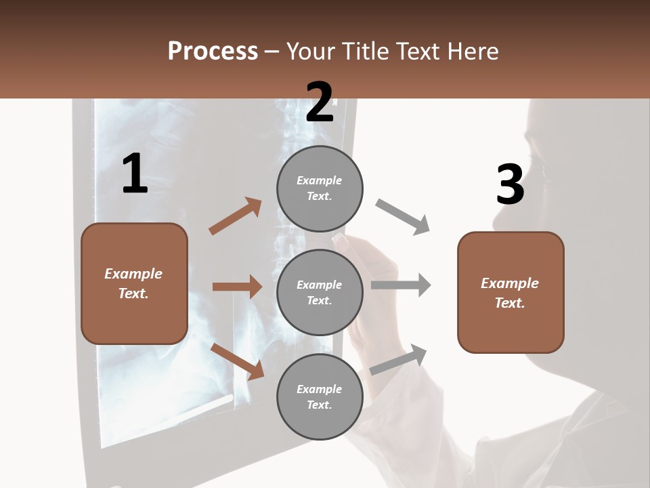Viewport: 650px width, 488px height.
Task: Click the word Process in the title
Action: coord(213,52)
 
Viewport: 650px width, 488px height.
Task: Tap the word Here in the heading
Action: coord(473,52)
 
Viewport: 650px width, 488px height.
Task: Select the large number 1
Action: coord(135,174)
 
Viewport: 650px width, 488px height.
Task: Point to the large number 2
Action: coord(320,102)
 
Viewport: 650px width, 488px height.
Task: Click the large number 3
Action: coord(510,185)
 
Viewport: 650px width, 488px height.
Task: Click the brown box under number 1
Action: coord(134,283)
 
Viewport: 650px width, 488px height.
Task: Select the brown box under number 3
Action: coord(511,293)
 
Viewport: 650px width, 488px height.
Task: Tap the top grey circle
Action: coord(320,188)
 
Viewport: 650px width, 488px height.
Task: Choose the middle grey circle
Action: coord(320,292)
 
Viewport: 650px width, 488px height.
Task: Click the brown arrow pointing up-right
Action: coord(236,216)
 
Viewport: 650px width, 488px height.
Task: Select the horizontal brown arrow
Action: coord(237,287)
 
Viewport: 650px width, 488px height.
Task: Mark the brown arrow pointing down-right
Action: coord(237,361)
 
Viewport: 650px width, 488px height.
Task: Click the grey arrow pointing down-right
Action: coord(403,217)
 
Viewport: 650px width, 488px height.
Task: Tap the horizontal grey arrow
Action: coord(401,285)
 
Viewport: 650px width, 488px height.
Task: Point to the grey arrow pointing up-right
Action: coord(399,359)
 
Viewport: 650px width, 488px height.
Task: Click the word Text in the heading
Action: coord(418,52)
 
